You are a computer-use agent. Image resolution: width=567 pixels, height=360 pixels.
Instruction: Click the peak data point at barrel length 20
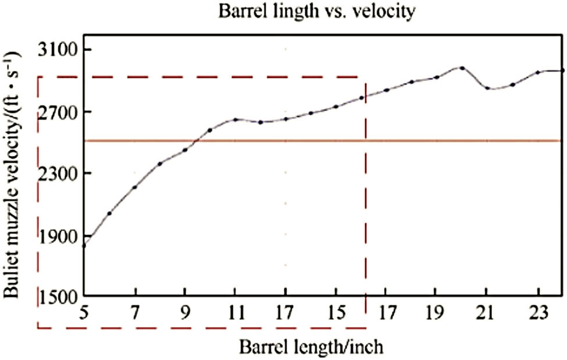(x=462, y=67)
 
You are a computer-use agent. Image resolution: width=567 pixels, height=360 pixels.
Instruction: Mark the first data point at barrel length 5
(x=84, y=246)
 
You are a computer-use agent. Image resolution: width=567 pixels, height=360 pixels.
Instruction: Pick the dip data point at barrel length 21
(x=487, y=88)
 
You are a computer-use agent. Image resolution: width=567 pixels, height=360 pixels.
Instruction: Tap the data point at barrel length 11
(x=235, y=120)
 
